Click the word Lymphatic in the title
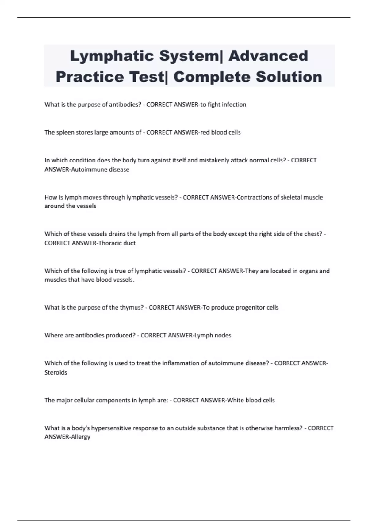click(x=111, y=56)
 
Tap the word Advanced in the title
click(x=268, y=56)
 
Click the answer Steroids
click(x=56, y=372)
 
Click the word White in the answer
click(x=235, y=400)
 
